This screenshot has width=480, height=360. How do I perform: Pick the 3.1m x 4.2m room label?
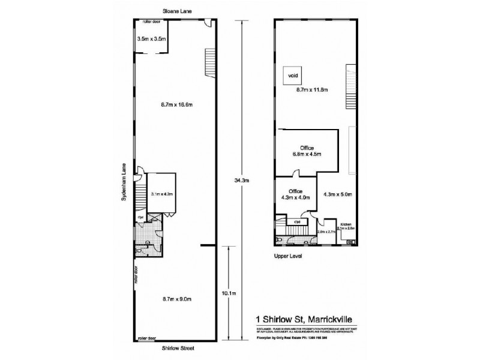(162, 194)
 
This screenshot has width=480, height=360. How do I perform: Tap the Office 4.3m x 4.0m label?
(295, 194)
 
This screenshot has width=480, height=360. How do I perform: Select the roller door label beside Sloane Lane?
(150, 22)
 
